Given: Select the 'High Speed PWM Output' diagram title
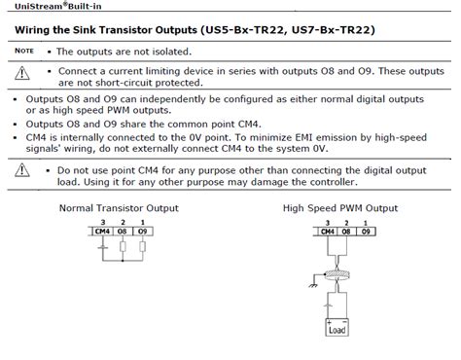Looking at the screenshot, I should coord(340,208).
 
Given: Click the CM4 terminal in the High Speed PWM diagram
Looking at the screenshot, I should coord(327,233).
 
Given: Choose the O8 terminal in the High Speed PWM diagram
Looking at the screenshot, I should coord(346,233).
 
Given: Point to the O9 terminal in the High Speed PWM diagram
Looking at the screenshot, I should coord(366,233).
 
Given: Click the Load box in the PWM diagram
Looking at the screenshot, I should coord(338,328).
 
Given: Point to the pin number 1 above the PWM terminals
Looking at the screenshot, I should coord(366,223).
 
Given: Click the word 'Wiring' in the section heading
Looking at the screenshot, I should coord(36,30).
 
